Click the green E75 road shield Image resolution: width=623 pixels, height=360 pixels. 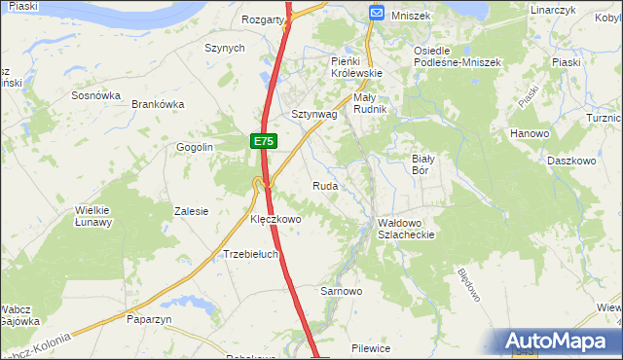(263, 142)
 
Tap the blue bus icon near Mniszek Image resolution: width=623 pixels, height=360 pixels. (377, 13)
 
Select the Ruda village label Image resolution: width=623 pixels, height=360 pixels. (325, 185)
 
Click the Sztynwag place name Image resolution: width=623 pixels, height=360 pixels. (314, 114)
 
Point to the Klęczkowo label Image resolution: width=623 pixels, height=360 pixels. (276, 220)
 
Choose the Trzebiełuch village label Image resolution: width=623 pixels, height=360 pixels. (251, 254)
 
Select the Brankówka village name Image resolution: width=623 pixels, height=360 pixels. (158, 104)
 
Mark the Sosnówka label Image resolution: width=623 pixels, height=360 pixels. (95, 95)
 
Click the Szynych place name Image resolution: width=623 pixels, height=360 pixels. (224, 47)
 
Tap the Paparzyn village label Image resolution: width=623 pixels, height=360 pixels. (148, 318)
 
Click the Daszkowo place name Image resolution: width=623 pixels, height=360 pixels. (571, 160)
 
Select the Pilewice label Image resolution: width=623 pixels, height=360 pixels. (371, 347)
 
